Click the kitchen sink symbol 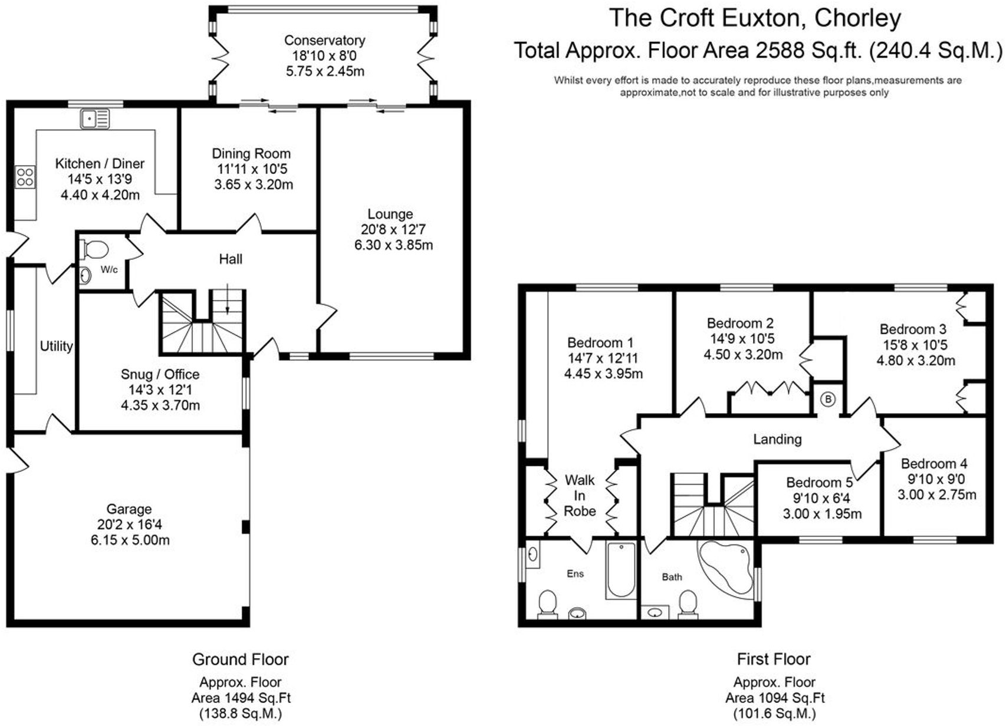(95, 119)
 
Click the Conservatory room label (324, 40)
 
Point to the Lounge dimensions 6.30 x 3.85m (393, 245)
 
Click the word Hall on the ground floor (231, 259)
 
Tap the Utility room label (56, 346)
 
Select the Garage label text (129, 509)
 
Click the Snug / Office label (160, 374)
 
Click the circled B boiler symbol (828, 400)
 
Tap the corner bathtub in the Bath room (724, 564)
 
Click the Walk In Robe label (580, 496)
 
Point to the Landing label (777, 439)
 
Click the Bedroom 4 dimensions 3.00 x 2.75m (936, 494)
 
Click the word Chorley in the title (857, 18)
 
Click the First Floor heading (774, 659)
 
